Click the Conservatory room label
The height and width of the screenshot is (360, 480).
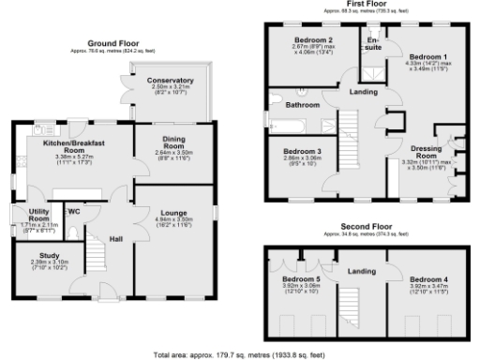tap(170, 81)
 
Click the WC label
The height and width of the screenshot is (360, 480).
tap(74, 212)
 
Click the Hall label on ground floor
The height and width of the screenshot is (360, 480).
tap(116, 240)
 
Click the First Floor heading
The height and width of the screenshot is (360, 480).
tap(371, 5)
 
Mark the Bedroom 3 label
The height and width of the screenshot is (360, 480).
tap(302, 150)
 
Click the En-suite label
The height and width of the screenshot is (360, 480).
tap(373, 43)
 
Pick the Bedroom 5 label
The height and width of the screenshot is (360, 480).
tap(301, 278)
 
